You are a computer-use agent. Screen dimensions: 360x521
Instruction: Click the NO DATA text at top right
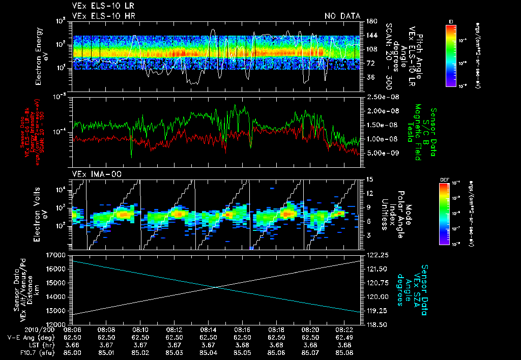pos(342,16)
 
